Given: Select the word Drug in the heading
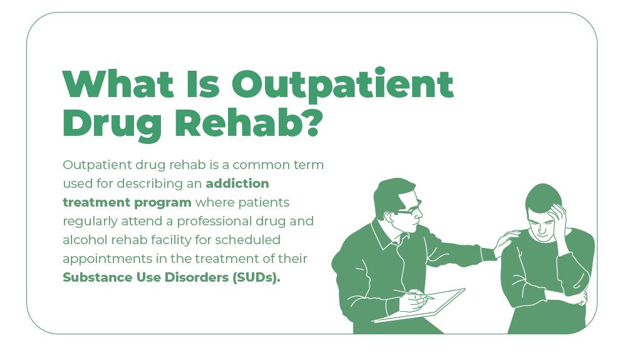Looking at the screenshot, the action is pyautogui.click(x=112, y=125).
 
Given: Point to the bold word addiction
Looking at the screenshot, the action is pyautogui.click(x=237, y=183).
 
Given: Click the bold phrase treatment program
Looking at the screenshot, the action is pyautogui.click(x=127, y=203).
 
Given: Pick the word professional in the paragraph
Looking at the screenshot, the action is pyautogui.click(x=214, y=222).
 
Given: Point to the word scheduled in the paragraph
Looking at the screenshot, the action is pyautogui.click(x=247, y=240).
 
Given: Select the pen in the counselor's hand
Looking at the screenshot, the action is pyautogui.click(x=414, y=294).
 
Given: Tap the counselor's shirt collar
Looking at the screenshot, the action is pyautogui.click(x=385, y=236).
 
